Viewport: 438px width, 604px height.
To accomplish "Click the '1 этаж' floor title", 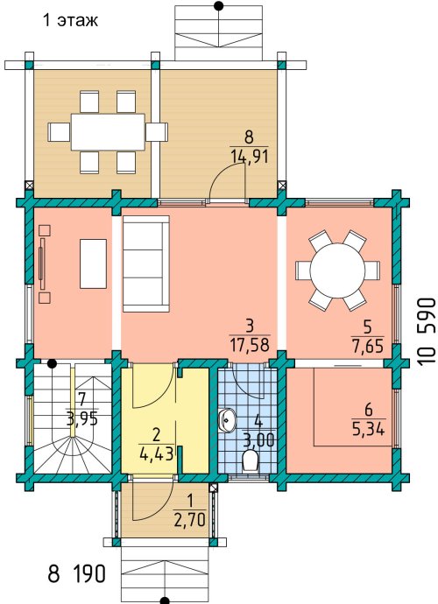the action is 70,20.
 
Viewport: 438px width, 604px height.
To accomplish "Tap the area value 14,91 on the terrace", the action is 249,157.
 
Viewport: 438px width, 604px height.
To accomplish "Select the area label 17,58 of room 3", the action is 250,345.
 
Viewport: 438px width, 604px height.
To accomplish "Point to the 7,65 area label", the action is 367,346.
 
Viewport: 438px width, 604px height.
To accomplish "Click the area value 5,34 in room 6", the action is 369,429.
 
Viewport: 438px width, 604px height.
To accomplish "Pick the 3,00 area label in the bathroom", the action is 258,439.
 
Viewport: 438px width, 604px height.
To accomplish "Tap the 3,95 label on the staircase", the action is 81,418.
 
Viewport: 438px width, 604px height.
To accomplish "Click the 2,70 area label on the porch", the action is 189,521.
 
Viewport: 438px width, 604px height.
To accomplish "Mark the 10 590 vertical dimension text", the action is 427,331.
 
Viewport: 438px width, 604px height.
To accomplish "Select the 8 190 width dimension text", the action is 77,574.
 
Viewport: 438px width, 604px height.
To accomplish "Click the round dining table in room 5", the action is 337,270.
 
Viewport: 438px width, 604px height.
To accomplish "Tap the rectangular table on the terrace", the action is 108,132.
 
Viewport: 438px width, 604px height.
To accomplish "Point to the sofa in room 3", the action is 145,263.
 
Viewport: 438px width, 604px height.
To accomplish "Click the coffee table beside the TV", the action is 93,263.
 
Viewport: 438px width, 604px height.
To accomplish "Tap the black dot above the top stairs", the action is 219,6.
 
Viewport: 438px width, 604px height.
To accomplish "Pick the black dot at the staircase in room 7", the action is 52,363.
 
